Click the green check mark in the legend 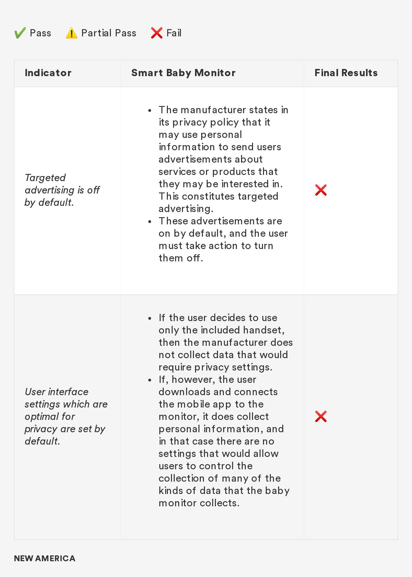click(x=20, y=33)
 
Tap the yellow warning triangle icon click(x=71, y=33)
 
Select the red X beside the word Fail click(x=157, y=33)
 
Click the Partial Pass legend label click(x=108, y=33)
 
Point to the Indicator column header click(x=48, y=73)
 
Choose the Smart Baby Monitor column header click(x=183, y=73)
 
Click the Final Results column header click(x=346, y=73)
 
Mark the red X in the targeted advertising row click(x=321, y=190)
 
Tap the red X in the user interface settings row click(x=321, y=416)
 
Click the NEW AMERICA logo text click(x=45, y=558)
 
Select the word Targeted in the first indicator click(x=45, y=178)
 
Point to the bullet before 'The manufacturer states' click(x=150, y=110)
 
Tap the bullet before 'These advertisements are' click(x=150, y=222)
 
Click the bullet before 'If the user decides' click(x=150, y=318)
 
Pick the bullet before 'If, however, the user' click(x=150, y=380)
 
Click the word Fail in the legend click(x=174, y=33)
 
